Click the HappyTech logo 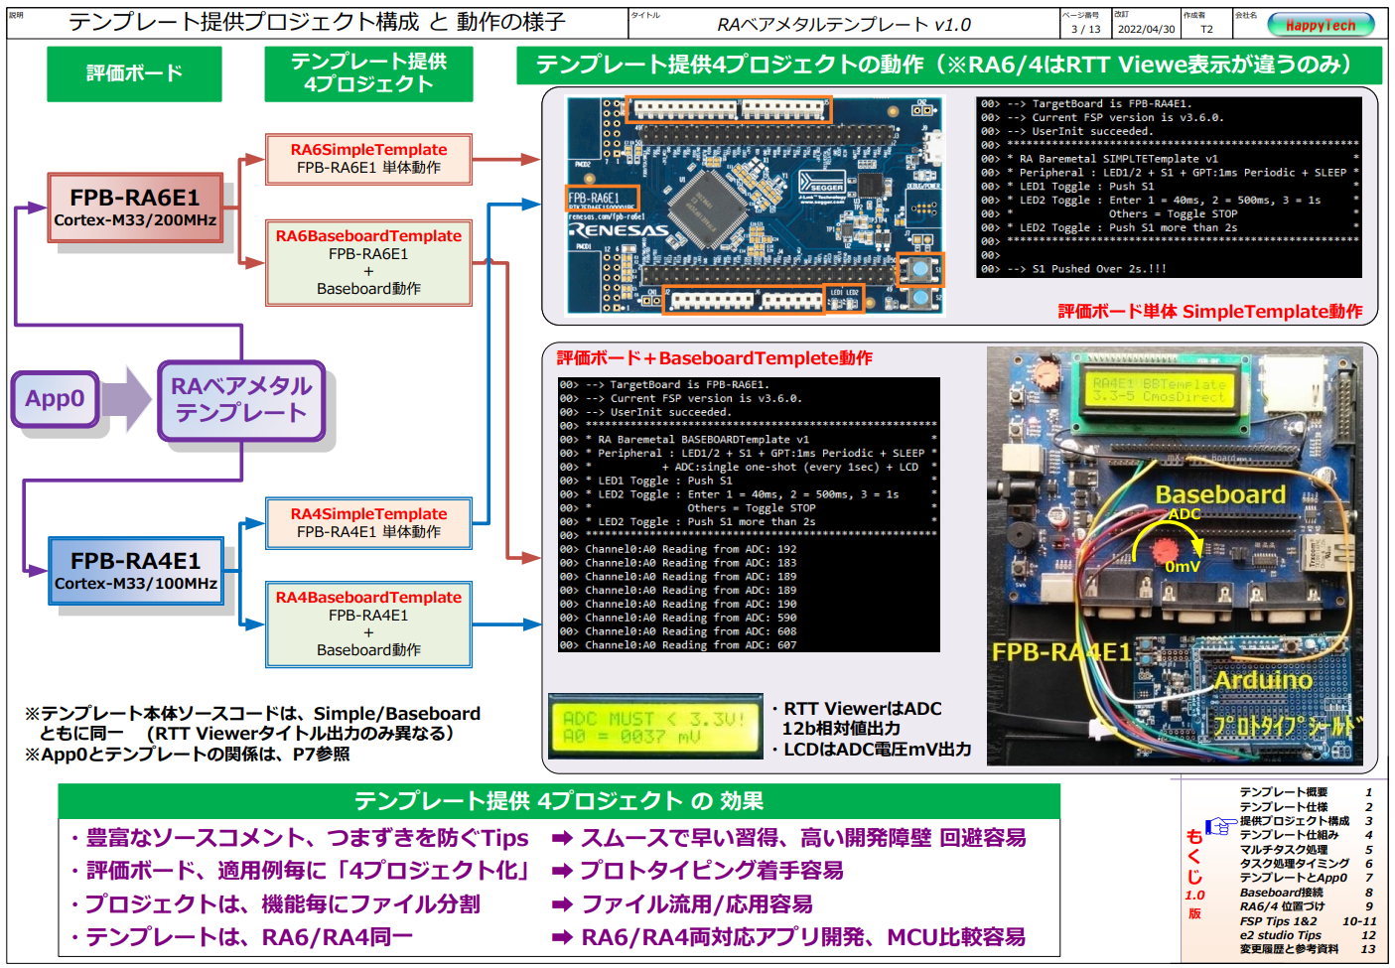click(1320, 25)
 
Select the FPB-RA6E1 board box click(135, 207)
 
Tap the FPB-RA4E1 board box click(135, 571)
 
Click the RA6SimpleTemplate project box click(368, 159)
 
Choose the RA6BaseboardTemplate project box click(368, 262)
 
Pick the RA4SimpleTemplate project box click(368, 523)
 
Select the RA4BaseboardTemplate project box click(368, 623)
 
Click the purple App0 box click(55, 399)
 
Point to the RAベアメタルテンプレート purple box click(241, 400)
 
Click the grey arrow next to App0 click(126, 399)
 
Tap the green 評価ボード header click(134, 73)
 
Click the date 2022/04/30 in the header click(1146, 29)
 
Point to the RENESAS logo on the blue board click(618, 230)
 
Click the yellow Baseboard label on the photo click(1220, 494)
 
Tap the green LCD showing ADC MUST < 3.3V click(653, 726)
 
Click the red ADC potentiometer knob click(1165, 549)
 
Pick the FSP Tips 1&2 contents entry click(1279, 921)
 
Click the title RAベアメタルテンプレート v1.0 click(844, 25)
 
